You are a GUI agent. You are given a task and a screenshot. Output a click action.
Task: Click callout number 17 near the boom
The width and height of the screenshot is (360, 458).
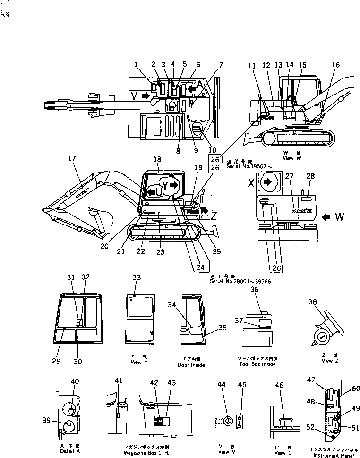click(x=72, y=160)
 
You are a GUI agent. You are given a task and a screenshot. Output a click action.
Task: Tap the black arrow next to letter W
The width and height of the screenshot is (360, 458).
click(x=326, y=217)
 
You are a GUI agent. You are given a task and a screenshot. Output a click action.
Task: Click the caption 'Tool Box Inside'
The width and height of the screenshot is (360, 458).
click(x=257, y=364)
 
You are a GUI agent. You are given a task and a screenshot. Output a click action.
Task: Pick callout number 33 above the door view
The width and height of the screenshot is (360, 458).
click(x=137, y=278)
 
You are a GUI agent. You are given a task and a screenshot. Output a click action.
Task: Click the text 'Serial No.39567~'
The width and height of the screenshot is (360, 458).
click(x=244, y=167)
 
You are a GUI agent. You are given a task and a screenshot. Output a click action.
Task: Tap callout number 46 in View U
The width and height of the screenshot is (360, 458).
click(x=280, y=386)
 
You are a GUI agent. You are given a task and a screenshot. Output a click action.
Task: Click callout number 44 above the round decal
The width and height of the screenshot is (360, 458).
click(x=222, y=385)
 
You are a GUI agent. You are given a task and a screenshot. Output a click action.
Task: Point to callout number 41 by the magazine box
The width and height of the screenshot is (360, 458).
click(x=118, y=380)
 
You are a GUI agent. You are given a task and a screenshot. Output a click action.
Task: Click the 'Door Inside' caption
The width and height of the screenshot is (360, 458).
click(x=191, y=365)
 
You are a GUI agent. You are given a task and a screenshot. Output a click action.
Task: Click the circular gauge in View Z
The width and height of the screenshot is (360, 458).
click(x=323, y=337)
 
